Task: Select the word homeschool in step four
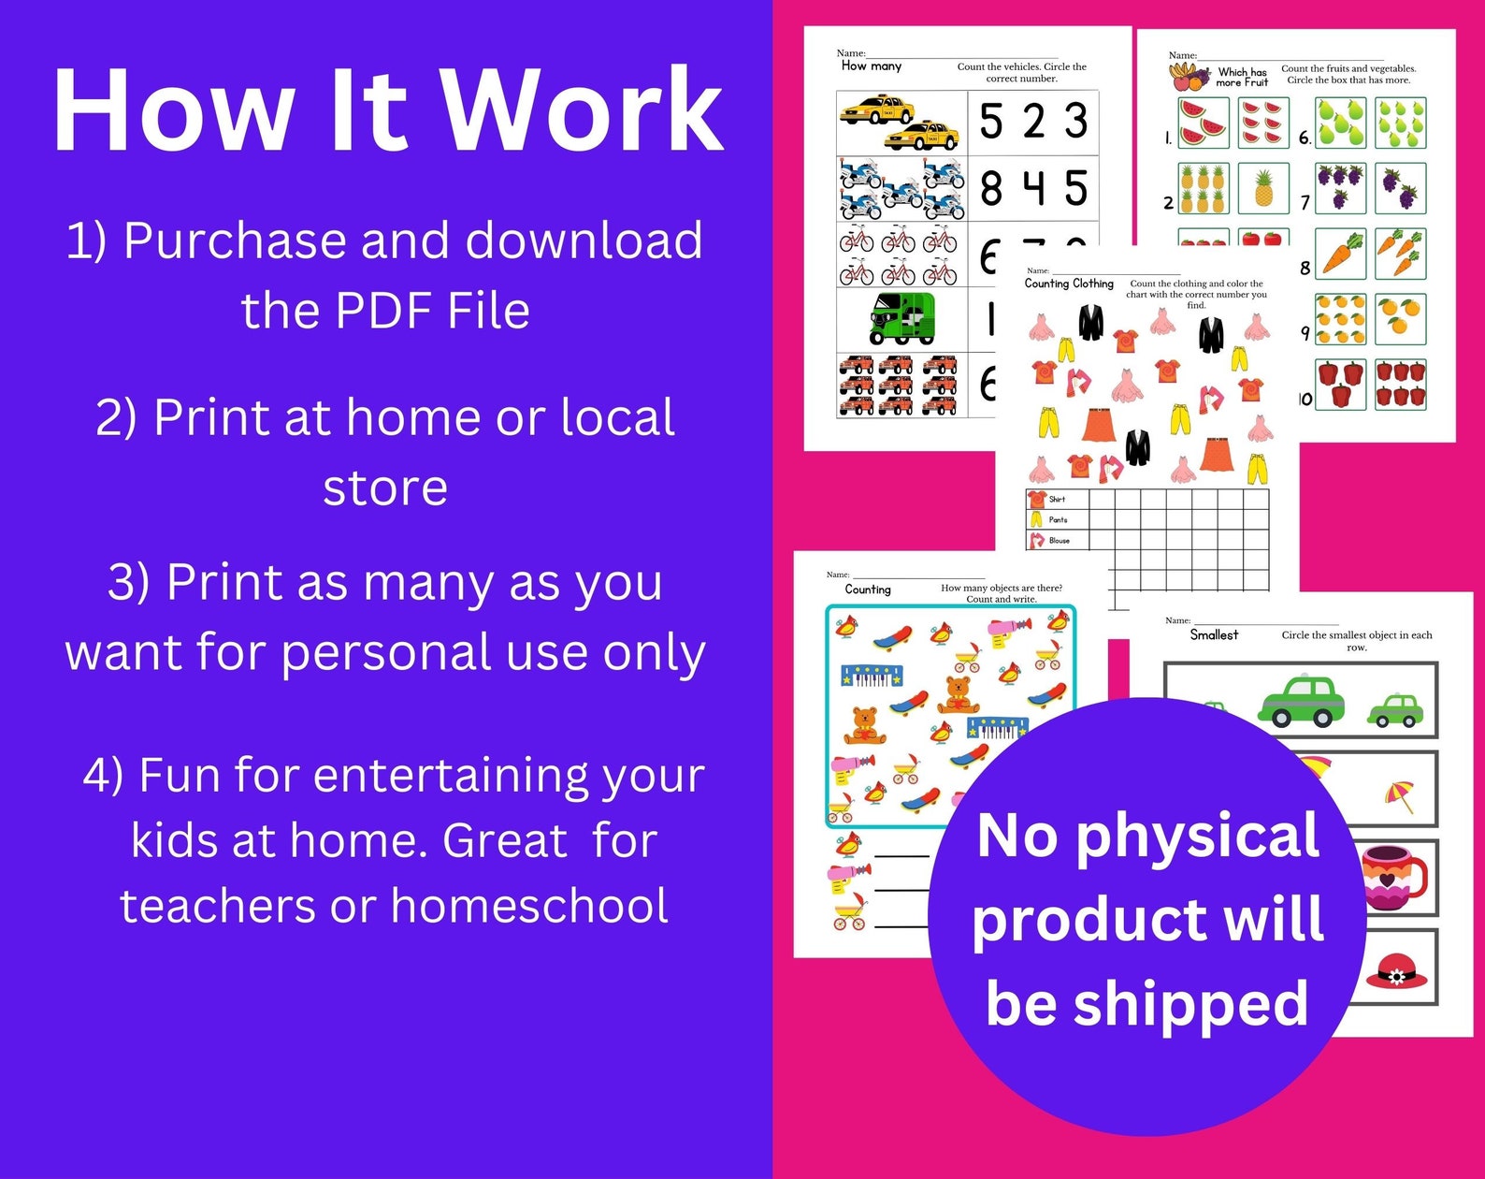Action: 529,906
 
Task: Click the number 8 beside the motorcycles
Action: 991,187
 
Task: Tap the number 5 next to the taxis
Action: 991,121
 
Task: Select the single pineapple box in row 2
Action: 1263,187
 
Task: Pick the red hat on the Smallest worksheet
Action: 1396,971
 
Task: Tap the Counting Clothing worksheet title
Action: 1069,284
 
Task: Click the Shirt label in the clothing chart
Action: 1057,499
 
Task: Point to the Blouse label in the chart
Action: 1059,540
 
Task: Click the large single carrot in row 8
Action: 1341,253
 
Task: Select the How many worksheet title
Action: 871,66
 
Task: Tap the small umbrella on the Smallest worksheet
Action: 1400,796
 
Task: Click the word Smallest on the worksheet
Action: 1214,634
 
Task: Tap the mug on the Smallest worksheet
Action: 1393,877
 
